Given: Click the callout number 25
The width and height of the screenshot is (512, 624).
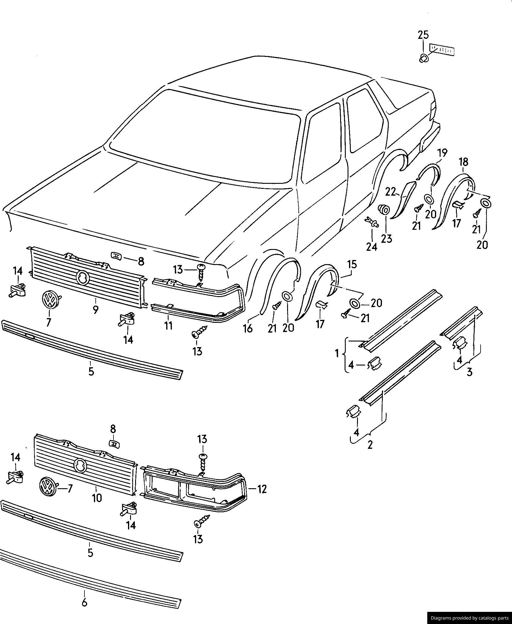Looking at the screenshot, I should (423, 35).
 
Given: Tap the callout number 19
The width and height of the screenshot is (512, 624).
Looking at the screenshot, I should (442, 153).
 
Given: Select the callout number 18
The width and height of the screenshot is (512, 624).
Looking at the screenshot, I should (463, 162).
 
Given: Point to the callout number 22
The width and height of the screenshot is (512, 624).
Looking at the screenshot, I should (391, 192).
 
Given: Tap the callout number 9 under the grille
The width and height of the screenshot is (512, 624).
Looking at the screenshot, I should (95, 310).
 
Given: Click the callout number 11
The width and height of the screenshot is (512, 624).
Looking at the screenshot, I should (168, 325).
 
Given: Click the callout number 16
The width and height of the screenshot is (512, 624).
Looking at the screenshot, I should (248, 328).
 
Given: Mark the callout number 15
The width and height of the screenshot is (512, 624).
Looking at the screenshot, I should (352, 264).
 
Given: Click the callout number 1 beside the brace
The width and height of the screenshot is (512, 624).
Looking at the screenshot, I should (337, 353).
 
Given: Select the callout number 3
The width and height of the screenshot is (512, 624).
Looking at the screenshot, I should (469, 371).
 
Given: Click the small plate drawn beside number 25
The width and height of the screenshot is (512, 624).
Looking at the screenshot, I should (442, 50).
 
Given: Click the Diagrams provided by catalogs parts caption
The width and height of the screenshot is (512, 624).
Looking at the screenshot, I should (469, 618).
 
